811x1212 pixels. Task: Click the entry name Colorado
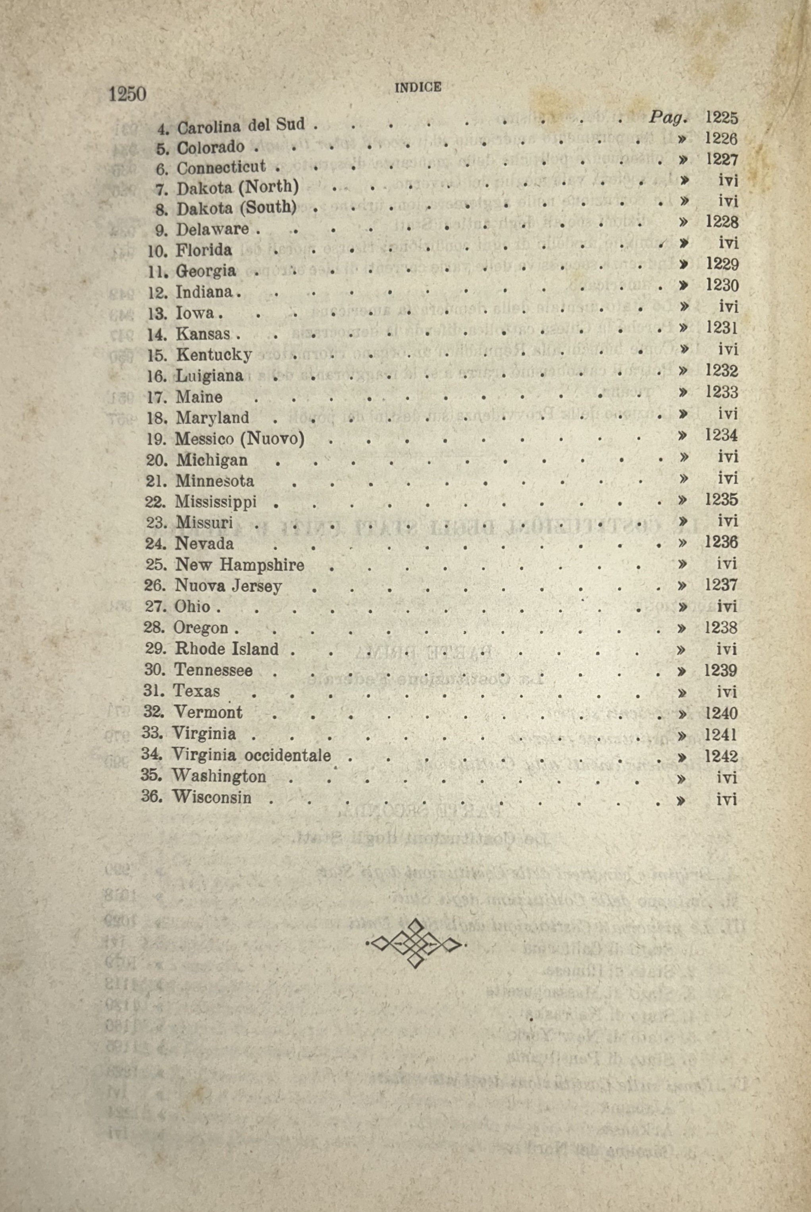[210, 147]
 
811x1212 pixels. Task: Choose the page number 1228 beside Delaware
[722, 222]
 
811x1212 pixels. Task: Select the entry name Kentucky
[214, 355]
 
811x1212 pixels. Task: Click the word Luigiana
[210, 376]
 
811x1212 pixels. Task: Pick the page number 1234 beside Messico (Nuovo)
[721, 435]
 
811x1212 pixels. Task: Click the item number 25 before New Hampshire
[155, 564]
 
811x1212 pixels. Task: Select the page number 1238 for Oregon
[721, 627]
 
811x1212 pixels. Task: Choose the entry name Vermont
[208, 712]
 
